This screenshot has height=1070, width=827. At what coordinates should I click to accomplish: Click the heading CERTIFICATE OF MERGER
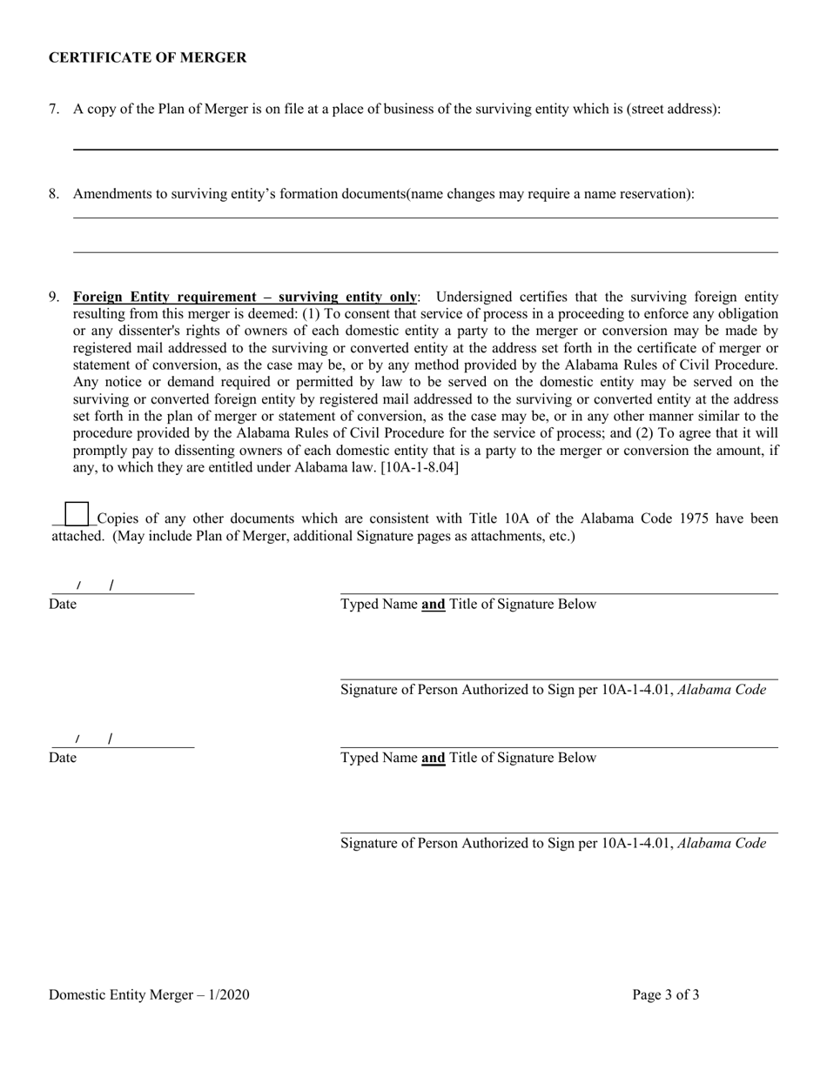(x=147, y=57)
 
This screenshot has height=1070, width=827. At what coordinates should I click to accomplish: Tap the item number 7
(x=54, y=109)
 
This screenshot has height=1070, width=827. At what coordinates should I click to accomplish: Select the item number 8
(x=54, y=193)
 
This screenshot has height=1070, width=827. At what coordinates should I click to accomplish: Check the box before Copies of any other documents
(x=77, y=515)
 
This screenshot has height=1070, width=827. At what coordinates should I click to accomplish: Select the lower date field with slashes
(x=122, y=740)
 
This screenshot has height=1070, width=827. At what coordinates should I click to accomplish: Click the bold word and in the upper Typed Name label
(x=433, y=604)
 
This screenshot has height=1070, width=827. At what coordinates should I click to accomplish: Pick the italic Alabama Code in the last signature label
(x=722, y=843)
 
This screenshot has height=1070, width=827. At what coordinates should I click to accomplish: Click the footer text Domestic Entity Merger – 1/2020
(x=149, y=994)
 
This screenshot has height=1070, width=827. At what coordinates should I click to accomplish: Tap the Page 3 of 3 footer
(x=665, y=994)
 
